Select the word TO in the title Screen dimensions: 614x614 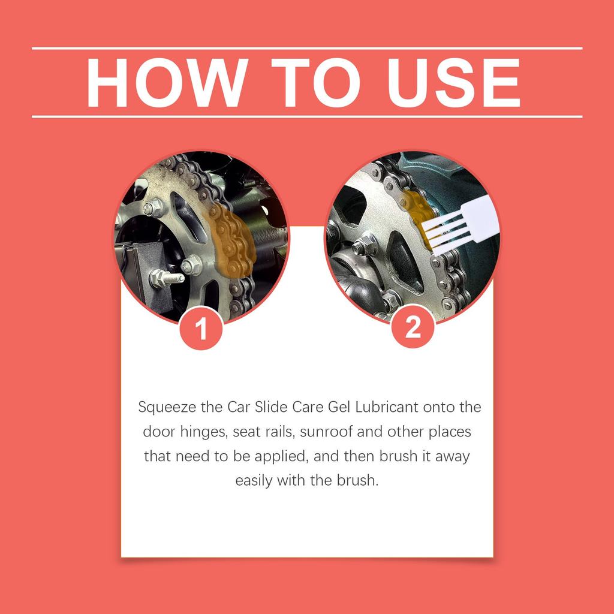coord(309,83)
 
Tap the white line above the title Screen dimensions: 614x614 coord(307,49)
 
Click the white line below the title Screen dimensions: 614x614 coord(307,116)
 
